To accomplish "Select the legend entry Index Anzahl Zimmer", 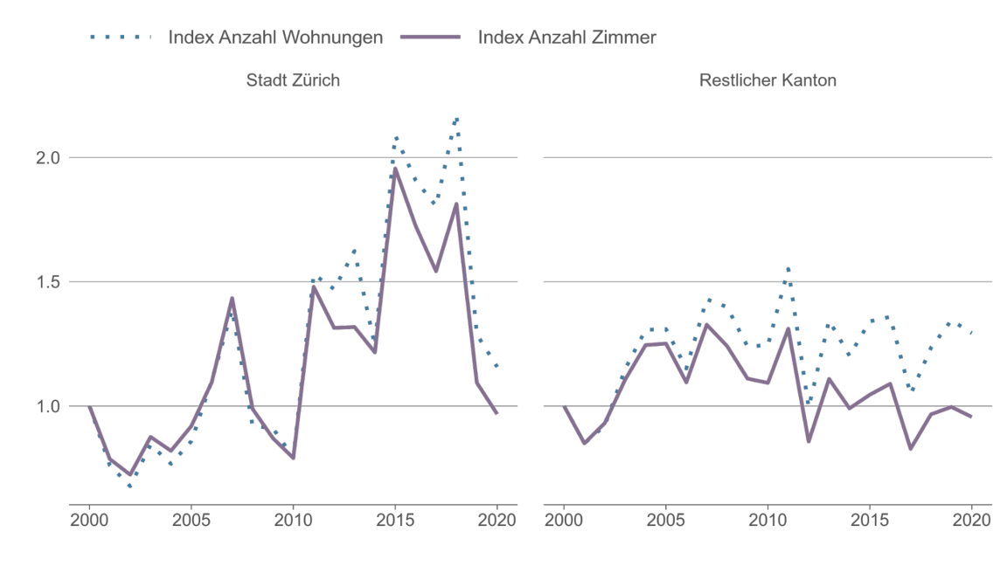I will click(566, 38).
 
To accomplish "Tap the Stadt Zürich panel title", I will click(293, 80).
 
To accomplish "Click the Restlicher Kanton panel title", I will click(767, 80).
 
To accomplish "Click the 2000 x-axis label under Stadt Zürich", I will click(89, 519).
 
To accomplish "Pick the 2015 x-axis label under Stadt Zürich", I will click(395, 519).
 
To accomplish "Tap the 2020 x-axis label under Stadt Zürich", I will click(497, 519).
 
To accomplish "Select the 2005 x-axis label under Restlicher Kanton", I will click(666, 519).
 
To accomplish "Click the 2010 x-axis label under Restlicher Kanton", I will click(767, 519).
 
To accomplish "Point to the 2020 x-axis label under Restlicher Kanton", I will click(971, 519).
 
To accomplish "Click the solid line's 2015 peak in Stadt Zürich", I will click(395, 169).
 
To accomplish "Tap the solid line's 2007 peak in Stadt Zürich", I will click(232, 299).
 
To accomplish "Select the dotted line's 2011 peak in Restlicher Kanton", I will click(788, 268).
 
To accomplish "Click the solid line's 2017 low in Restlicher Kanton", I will click(910, 449).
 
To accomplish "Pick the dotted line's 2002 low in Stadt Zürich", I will click(130, 487).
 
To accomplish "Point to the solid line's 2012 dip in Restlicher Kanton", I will click(809, 441).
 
